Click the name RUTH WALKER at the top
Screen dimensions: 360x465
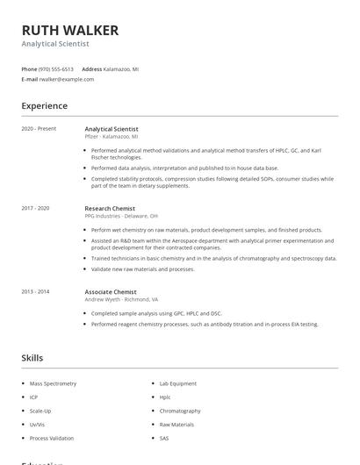coord(69,30)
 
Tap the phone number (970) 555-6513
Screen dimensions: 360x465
coord(57,68)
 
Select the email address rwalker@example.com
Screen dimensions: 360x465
coord(67,79)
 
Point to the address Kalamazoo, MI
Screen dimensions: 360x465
coord(121,68)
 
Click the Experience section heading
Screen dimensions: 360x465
coord(44,106)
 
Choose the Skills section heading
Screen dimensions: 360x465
coord(32,358)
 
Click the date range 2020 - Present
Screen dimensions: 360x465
coord(39,129)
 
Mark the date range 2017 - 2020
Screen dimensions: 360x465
coord(35,208)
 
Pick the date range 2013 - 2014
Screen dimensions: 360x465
coord(35,291)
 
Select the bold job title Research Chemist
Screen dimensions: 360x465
coord(111,208)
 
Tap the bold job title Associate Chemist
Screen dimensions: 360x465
coord(111,291)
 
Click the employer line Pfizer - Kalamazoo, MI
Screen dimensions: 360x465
coord(112,137)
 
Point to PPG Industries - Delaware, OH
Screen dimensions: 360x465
coord(121,216)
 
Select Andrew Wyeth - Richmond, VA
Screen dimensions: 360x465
coord(121,299)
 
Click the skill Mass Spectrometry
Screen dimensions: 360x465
coord(53,383)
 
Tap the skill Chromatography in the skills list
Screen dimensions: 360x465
coord(180,411)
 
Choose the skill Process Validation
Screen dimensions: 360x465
coord(52,438)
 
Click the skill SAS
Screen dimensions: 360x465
coord(164,438)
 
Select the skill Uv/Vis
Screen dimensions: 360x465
coord(38,425)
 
